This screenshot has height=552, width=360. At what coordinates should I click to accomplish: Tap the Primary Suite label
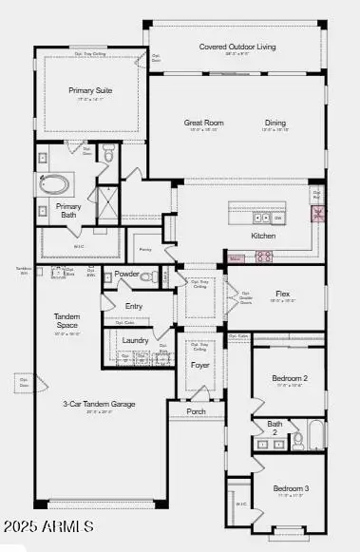[x=89, y=90]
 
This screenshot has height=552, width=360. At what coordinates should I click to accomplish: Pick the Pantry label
[x=144, y=250]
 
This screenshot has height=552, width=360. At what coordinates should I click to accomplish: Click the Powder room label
[x=127, y=275]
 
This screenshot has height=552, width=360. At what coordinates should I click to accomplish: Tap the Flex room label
[x=282, y=294]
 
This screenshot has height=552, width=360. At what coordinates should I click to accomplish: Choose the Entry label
[x=134, y=306]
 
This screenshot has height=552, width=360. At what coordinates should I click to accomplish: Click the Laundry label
[x=135, y=339]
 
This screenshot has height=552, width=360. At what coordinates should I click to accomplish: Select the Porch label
[x=197, y=411]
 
